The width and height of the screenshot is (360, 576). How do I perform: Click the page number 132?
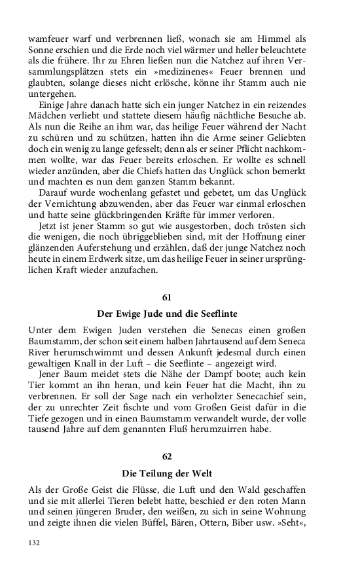[x=34, y=543]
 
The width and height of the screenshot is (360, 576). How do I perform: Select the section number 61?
[x=166, y=298]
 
